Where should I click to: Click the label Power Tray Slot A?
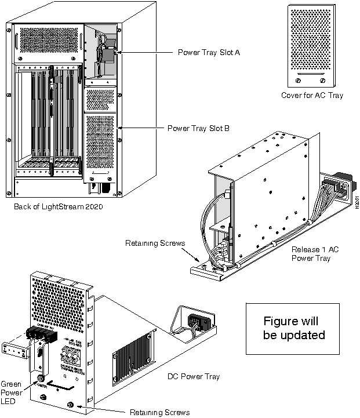(x=209, y=52)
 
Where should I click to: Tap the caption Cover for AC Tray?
(x=311, y=95)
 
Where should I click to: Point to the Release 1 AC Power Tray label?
(x=314, y=253)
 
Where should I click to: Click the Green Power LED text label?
(x=12, y=392)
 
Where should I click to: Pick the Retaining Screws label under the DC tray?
(x=159, y=412)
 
